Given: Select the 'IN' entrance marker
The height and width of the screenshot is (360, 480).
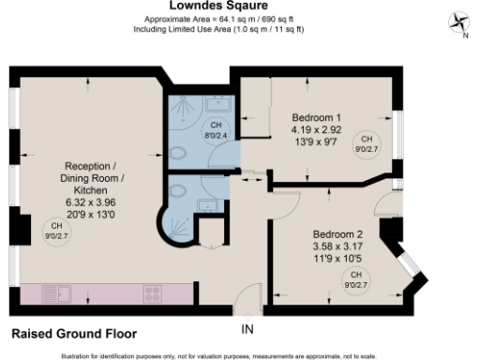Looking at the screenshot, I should pyautogui.click(x=247, y=329).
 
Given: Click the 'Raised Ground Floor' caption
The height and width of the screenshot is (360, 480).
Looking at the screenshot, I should pyautogui.click(x=74, y=333).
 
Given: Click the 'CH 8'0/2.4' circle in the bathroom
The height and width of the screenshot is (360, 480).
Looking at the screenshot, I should pyautogui.click(x=216, y=129).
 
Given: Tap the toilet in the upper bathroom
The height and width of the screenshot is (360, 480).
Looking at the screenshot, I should pyautogui.click(x=177, y=157).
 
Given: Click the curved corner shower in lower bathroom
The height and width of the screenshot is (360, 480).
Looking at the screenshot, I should pyautogui.click(x=175, y=226).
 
